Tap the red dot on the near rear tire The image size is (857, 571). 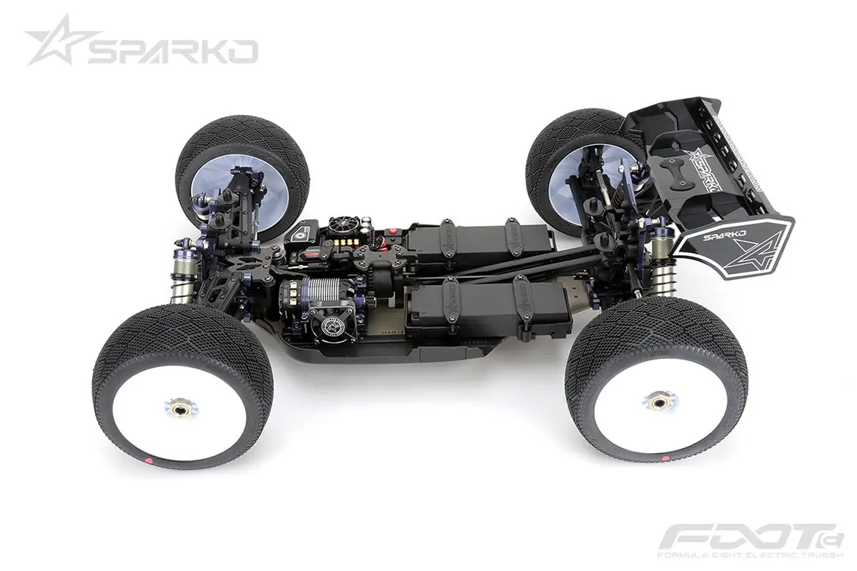[665, 455]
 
